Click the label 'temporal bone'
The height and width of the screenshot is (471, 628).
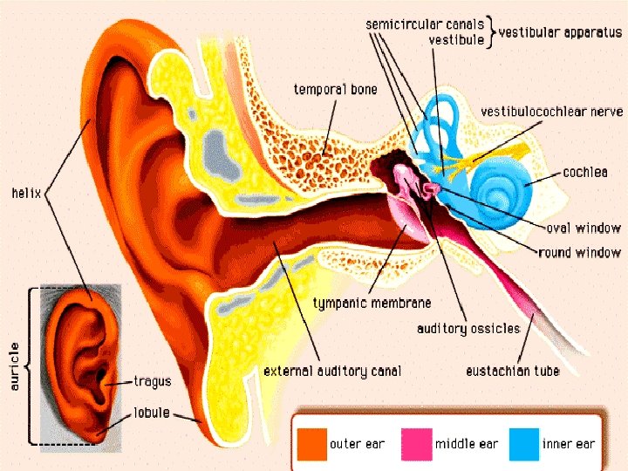[x=335, y=90]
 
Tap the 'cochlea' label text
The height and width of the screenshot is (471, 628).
[x=585, y=173]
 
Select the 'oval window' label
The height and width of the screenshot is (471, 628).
[x=584, y=229]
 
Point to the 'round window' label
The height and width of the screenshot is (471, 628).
[x=580, y=253]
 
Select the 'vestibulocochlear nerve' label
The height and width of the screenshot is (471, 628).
[x=552, y=112]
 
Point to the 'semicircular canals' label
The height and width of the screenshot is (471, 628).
[x=424, y=24]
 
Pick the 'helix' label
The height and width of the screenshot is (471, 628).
[x=26, y=191]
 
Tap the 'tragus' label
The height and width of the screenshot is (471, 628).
[x=153, y=381]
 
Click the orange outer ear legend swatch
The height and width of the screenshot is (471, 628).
[x=310, y=443]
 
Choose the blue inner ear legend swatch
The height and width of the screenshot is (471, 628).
[x=522, y=443]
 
